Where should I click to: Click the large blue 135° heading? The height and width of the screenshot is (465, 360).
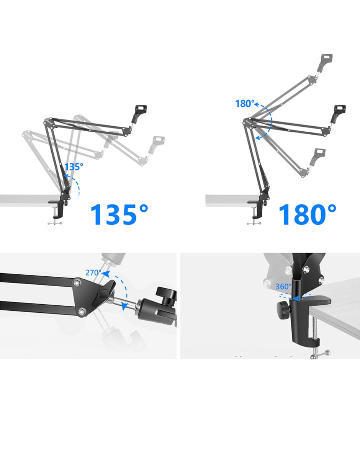coord(119,214)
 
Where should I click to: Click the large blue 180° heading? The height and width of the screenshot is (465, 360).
coord(308,214)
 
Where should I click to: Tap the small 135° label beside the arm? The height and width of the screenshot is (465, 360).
coord(74,167)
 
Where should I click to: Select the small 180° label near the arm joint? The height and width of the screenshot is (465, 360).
coord(245,104)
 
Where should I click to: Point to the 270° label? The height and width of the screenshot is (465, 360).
coord(93,272)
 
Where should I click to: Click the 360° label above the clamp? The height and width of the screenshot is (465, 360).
coord(283,287)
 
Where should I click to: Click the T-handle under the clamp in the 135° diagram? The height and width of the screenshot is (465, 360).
coord(55,223)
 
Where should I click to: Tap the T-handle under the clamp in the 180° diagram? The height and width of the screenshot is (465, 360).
coord(254,224)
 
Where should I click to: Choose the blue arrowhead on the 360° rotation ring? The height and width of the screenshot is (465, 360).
coord(296,299)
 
